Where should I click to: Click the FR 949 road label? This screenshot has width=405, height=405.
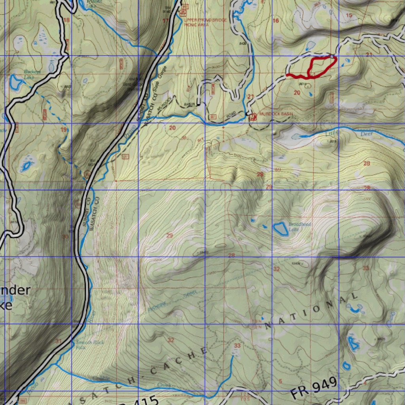[314, 388]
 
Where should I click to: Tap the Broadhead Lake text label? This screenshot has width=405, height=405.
[300, 227]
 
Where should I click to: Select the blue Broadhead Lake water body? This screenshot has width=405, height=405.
[280, 228]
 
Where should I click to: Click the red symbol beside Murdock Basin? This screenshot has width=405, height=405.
[253, 116]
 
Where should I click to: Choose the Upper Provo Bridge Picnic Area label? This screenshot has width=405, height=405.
[208, 21]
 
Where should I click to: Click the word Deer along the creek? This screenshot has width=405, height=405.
[366, 134]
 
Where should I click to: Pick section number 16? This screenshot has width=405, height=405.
[276, 21]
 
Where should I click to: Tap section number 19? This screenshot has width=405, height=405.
[63, 130]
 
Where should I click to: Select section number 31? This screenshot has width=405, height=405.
[59, 341]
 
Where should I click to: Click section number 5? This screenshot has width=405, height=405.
[280, 381]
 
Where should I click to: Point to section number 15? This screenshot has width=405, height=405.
[348, 15]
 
